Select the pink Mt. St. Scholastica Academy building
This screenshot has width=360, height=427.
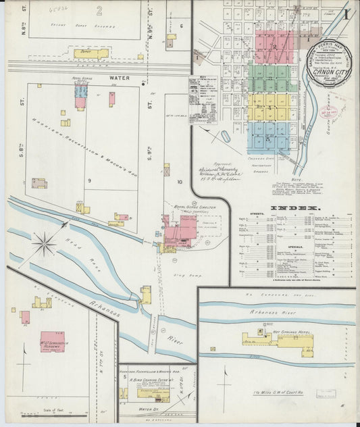[52, 342]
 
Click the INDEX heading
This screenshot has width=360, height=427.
[294, 208]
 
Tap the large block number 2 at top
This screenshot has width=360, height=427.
[99, 10]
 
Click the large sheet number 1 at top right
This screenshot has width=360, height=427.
[345, 14]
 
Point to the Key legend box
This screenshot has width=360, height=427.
[203, 99]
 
